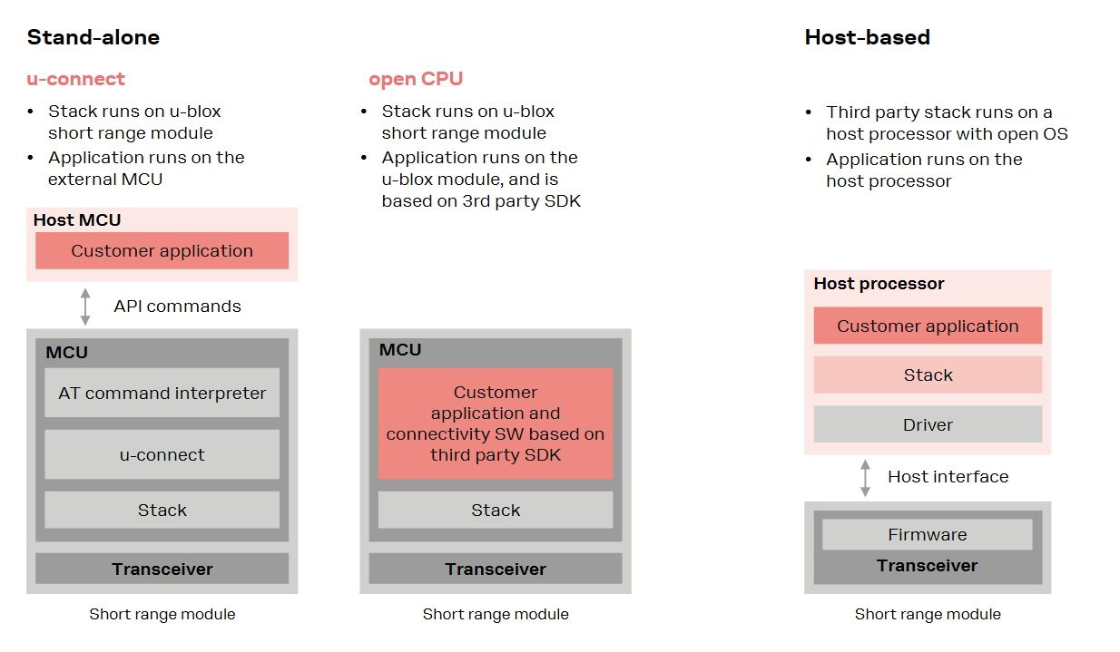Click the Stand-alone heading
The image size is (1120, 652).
pyautogui.click(x=93, y=37)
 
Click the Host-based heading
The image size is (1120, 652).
pyautogui.click(x=867, y=37)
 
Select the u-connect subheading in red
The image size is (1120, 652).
pyautogui.click(x=75, y=79)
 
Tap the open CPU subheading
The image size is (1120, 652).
pyautogui.click(x=416, y=79)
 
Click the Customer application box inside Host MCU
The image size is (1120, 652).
pyautogui.click(x=162, y=251)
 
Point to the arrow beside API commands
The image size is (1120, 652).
pyautogui.click(x=85, y=307)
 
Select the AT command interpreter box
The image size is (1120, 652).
pyautogui.click(x=162, y=393)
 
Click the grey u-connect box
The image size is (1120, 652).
pyautogui.click(x=162, y=454)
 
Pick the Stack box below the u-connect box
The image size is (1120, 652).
pyautogui.click(x=162, y=510)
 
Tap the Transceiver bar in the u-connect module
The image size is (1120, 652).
pyautogui.click(x=162, y=569)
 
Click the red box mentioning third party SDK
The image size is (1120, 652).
pyautogui.click(x=496, y=423)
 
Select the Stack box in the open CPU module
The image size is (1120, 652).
pyautogui.click(x=496, y=510)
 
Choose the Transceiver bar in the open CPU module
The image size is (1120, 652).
pyautogui.click(x=496, y=569)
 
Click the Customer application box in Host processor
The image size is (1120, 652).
pyautogui.click(x=928, y=326)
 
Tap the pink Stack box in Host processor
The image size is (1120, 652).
pyautogui.click(x=928, y=375)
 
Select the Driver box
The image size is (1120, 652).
pyautogui.click(x=928, y=424)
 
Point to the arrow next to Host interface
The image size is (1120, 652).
pyautogui.click(x=865, y=477)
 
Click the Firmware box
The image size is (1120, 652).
pyautogui.click(x=928, y=534)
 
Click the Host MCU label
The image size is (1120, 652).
pyautogui.click(x=77, y=219)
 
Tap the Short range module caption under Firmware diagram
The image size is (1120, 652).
pyautogui.click(x=928, y=614)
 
